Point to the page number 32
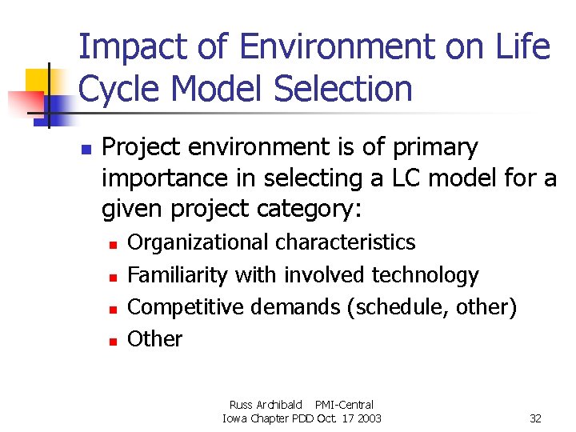536,418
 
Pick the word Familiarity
178,275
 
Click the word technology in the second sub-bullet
425,275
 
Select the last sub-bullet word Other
154,339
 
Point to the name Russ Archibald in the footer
268,406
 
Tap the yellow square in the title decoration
38,81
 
